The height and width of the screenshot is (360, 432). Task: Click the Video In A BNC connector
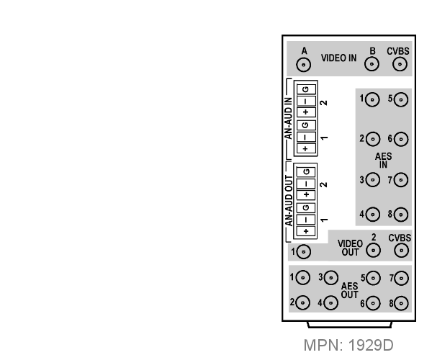pyautogui.click(x=304, y=65)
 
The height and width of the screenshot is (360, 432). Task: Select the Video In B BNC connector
pyautogui.click(x=372, y=64)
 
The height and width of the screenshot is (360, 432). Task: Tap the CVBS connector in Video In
pyautogui.click(x=400, y=65)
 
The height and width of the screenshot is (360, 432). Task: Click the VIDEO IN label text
pyautogui.click(x=338, y=58)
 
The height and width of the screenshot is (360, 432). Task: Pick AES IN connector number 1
pyautogui.click(x=372, y=99)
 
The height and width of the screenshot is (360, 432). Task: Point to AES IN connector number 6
pyautogui.click(x=401, y=139)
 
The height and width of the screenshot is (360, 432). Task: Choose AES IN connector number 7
pyautogui.click(x=401, y=180)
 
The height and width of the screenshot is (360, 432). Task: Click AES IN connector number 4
pyautogui.click(x=372, y=215)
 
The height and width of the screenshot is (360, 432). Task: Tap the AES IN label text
pyautogui.click(x=383, y=161)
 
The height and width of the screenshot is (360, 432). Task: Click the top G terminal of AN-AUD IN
pyautogui.click(x=306, y=89)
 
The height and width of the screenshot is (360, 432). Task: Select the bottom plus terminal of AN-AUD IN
pyautogui.click(x=306, y=149)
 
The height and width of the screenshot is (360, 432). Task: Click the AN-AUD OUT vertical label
pyautogui.click(x=289, y=201)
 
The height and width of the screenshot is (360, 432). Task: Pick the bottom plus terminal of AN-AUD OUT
pyautogui.click(x=306, y=231)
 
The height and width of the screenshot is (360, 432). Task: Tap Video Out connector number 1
pyautogui.click(x=303, y=251)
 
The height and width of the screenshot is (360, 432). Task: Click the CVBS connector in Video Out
pyautogui.click(x=401, y=251)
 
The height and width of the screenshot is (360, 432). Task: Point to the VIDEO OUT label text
pyautogui.click(x=350, y=248)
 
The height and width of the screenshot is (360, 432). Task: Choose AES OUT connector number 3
pyautogui.click(x=331, y=278)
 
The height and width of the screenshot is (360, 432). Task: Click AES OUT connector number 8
pyautogui.click(x=401, y=303)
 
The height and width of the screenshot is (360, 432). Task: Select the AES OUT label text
pyautogui.click(x=350, y=290)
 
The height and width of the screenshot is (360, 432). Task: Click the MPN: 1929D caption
pyautogui.click(x=348, y=345)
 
